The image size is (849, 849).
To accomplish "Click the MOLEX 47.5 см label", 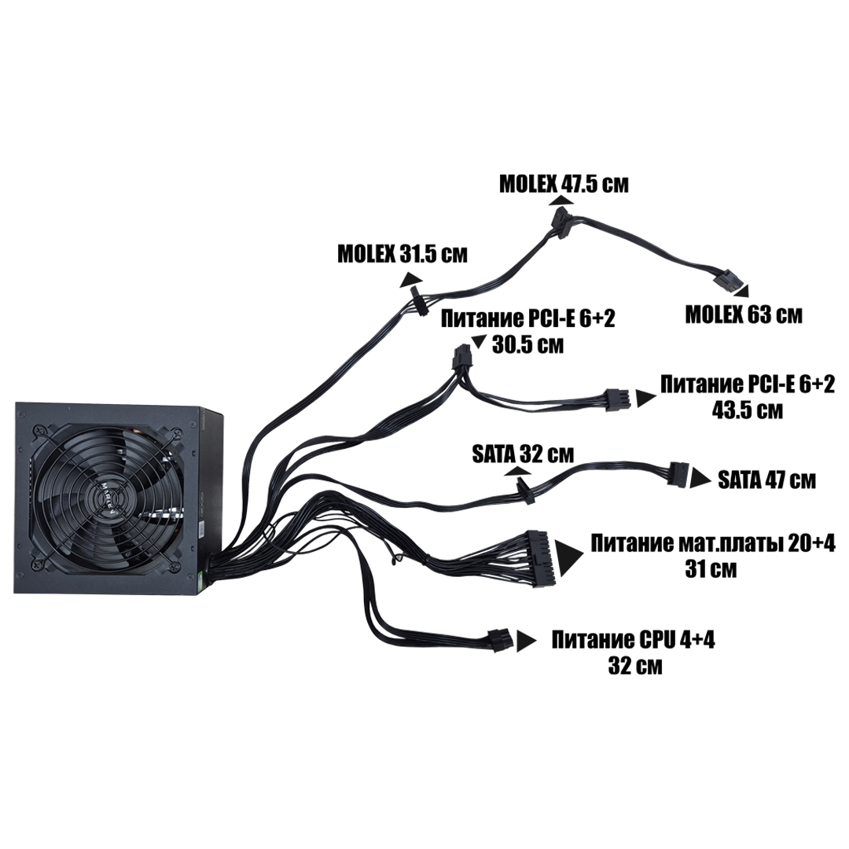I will (564, 184).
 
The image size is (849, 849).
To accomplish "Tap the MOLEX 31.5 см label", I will (402, 254).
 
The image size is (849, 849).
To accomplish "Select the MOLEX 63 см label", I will (744, 315).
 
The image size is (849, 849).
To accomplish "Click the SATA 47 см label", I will (766, 480).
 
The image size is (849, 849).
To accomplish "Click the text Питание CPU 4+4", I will (634, 640).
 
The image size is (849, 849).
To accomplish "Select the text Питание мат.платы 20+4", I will (713, 544).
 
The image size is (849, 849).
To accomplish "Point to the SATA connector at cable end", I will (678, 475).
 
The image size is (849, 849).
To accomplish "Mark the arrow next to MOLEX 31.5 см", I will (410, 279).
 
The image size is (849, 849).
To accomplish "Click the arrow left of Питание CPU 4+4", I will (524, 640).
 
